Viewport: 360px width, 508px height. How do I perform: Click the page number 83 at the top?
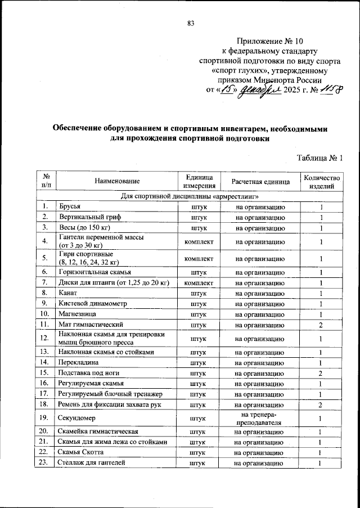pyautogui.click(x=190, y=23)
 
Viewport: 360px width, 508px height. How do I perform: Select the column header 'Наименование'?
pyautogui.click(x=117, y=181)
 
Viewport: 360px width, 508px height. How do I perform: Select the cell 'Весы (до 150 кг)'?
pyautogui.click(x=84, y=228)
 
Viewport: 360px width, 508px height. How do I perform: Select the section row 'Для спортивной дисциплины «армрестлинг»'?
pyautogui.click(x=190, y=197)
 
